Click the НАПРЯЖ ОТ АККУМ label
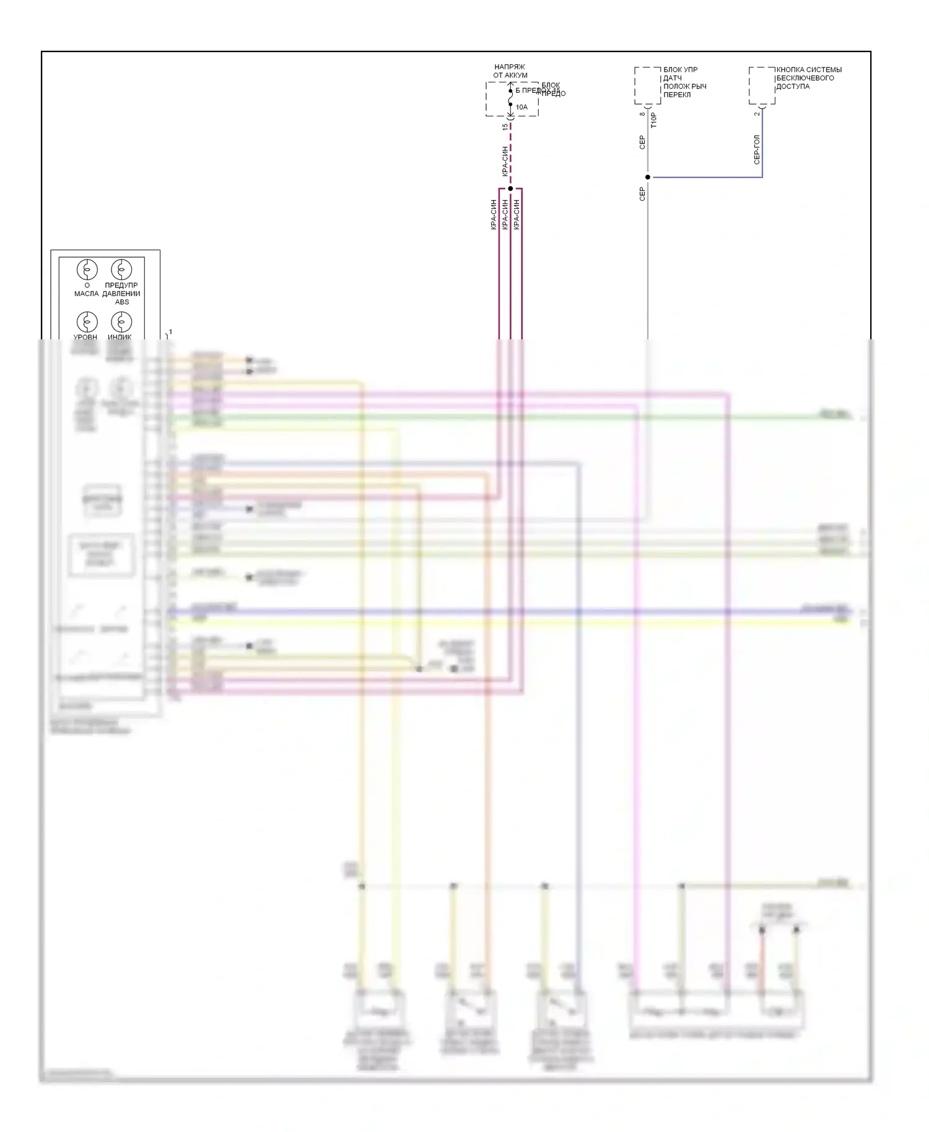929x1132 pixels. (510, 71)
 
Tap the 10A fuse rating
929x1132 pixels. (521, 107)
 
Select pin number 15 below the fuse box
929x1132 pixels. (505, 126)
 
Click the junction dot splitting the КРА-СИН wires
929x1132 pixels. (510, 188)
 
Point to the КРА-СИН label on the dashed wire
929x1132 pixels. (505, 161)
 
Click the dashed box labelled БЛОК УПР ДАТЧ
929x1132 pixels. (647, 85)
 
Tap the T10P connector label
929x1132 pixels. (654, 120)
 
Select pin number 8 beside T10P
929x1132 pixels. (643, 113)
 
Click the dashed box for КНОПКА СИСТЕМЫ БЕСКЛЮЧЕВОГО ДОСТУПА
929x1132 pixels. (762, 85)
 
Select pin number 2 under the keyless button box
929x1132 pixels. (757, 113)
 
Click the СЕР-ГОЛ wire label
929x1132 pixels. (757, 149)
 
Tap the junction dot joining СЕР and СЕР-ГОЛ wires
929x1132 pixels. (648, 177)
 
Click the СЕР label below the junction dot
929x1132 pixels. (642, 194)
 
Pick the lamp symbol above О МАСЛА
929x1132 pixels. (87, 270)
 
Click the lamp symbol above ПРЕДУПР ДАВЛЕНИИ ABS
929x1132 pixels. (121, 270)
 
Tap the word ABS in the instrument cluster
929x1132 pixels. (122, 302)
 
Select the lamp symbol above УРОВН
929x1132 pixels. (87, 322)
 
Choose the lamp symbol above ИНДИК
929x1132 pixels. (121, 322)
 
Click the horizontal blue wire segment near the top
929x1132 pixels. (706, 177)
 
